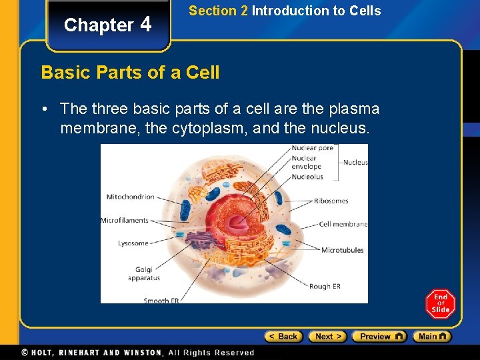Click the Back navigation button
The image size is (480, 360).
283,337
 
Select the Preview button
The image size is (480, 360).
379,337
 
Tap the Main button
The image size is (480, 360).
431,337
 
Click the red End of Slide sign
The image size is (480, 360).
440,304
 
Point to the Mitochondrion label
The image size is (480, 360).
130,197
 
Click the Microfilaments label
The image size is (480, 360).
124,220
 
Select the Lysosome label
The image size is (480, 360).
133,243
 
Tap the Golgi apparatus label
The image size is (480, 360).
144,273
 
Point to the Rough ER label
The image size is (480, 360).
325,287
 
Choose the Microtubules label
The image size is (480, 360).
343,251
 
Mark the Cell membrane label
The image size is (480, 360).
343,224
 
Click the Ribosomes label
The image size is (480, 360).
331,200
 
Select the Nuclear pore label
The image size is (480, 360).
313,148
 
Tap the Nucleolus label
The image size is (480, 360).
307,177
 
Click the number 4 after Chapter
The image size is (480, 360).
146,25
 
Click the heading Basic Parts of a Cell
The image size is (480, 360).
130,72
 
